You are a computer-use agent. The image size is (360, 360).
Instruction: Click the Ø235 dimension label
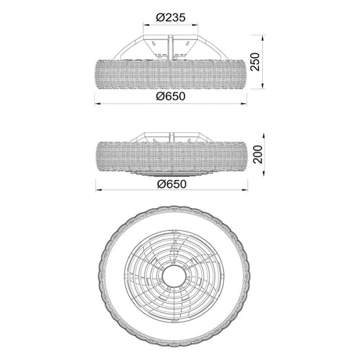[171, 17]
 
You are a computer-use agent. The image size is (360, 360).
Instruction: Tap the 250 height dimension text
[255, 62]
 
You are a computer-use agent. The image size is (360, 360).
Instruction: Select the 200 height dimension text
[258, 154]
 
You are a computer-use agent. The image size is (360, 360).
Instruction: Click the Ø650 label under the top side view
[171, 96]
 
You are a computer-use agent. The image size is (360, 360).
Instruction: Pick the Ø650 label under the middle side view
[171, 184]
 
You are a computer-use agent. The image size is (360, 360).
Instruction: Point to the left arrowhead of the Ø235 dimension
[146, 25]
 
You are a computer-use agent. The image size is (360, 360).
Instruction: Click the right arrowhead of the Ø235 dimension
[195, 25]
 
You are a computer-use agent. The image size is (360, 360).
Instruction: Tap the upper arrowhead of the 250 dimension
[263, 38]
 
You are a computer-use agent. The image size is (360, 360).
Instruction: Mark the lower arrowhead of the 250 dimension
[263, 86]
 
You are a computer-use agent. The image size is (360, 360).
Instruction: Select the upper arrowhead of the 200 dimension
[265, 136]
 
